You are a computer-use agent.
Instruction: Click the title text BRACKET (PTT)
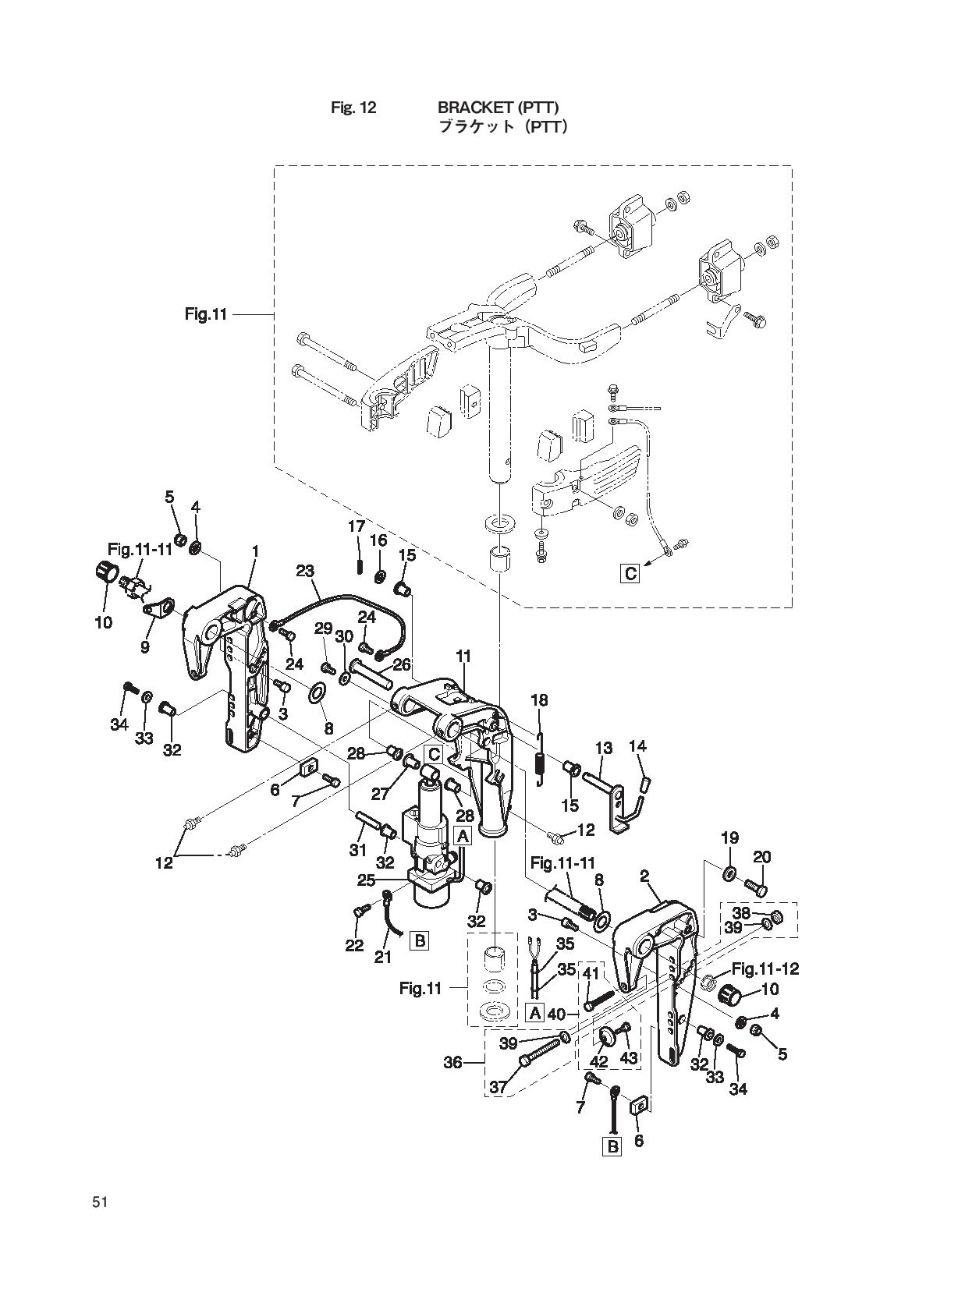click(499, 108)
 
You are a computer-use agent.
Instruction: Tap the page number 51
click(99, 1202)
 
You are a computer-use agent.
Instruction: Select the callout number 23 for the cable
click(304, 571)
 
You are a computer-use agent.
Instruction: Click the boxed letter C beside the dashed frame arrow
click(630, 574)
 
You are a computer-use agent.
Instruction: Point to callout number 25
click(366, 880)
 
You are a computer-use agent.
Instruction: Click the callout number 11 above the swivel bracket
click(463, 657)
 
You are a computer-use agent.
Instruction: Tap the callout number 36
click(453, 1062)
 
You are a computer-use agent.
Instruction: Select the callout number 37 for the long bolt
click(499, 1086)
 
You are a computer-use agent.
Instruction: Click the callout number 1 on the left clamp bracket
click(254, 551)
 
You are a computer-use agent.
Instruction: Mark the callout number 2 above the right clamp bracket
click(644, 876)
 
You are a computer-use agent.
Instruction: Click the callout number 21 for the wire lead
click(382, 957)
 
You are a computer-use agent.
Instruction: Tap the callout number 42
click(598, 1062)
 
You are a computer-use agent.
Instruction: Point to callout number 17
click(357, 526)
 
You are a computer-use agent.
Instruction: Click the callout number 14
click(637, 746)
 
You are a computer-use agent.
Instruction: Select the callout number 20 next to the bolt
click(761, 857)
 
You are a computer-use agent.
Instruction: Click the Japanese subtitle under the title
click(502, 126)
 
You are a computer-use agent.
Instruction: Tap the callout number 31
click(357, 850)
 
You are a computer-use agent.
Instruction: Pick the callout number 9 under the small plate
click(145, 646)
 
